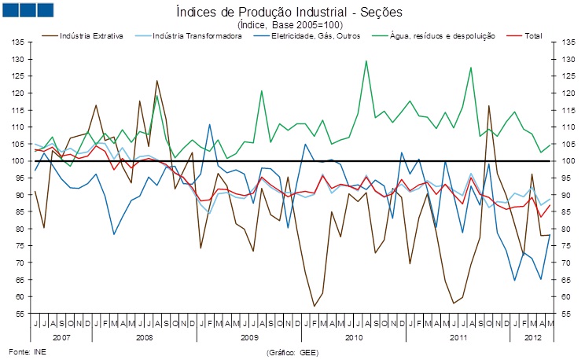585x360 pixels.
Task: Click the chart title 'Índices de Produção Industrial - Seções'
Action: click(289, 12)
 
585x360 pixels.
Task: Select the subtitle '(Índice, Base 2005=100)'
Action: click(289, 24)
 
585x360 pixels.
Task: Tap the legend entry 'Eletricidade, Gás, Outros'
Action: click(315, 36)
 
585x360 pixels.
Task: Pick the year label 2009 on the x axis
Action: click(250, 336)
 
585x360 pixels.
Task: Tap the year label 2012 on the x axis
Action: click(533, 336)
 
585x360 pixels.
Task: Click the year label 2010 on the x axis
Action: click(354, 336)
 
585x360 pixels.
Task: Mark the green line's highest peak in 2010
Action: click(366, 61)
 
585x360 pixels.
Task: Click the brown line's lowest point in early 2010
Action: click(314, 306)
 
